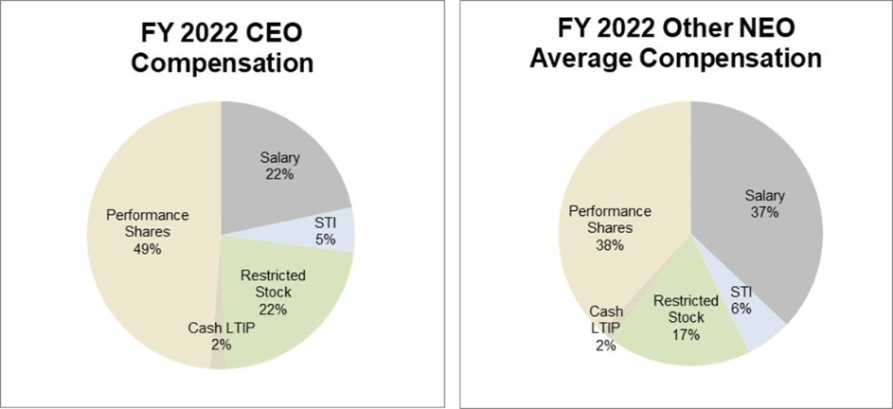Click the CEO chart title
tap(220, 49)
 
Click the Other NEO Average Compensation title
tap(675, 43)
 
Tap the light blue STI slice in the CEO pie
tap(336, 231)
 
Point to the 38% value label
tap(610, 245)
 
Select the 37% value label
tap(764, 212)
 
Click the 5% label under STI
tap(324, 239)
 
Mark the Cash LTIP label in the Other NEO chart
tap(605, 319)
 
